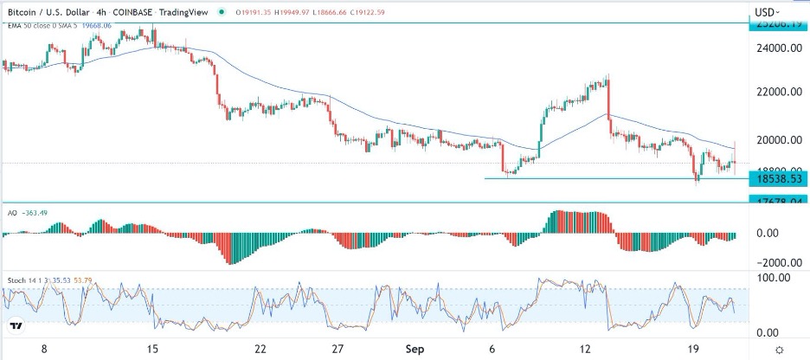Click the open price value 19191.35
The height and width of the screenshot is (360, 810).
click(x=257, y=12)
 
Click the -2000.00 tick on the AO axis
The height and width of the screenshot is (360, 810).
click(x=773, y=263)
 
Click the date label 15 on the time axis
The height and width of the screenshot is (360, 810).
click(x=153, y=349)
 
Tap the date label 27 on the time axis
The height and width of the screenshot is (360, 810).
click(x=338, y=349)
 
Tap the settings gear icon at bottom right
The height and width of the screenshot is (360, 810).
click(x=780, y=349)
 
